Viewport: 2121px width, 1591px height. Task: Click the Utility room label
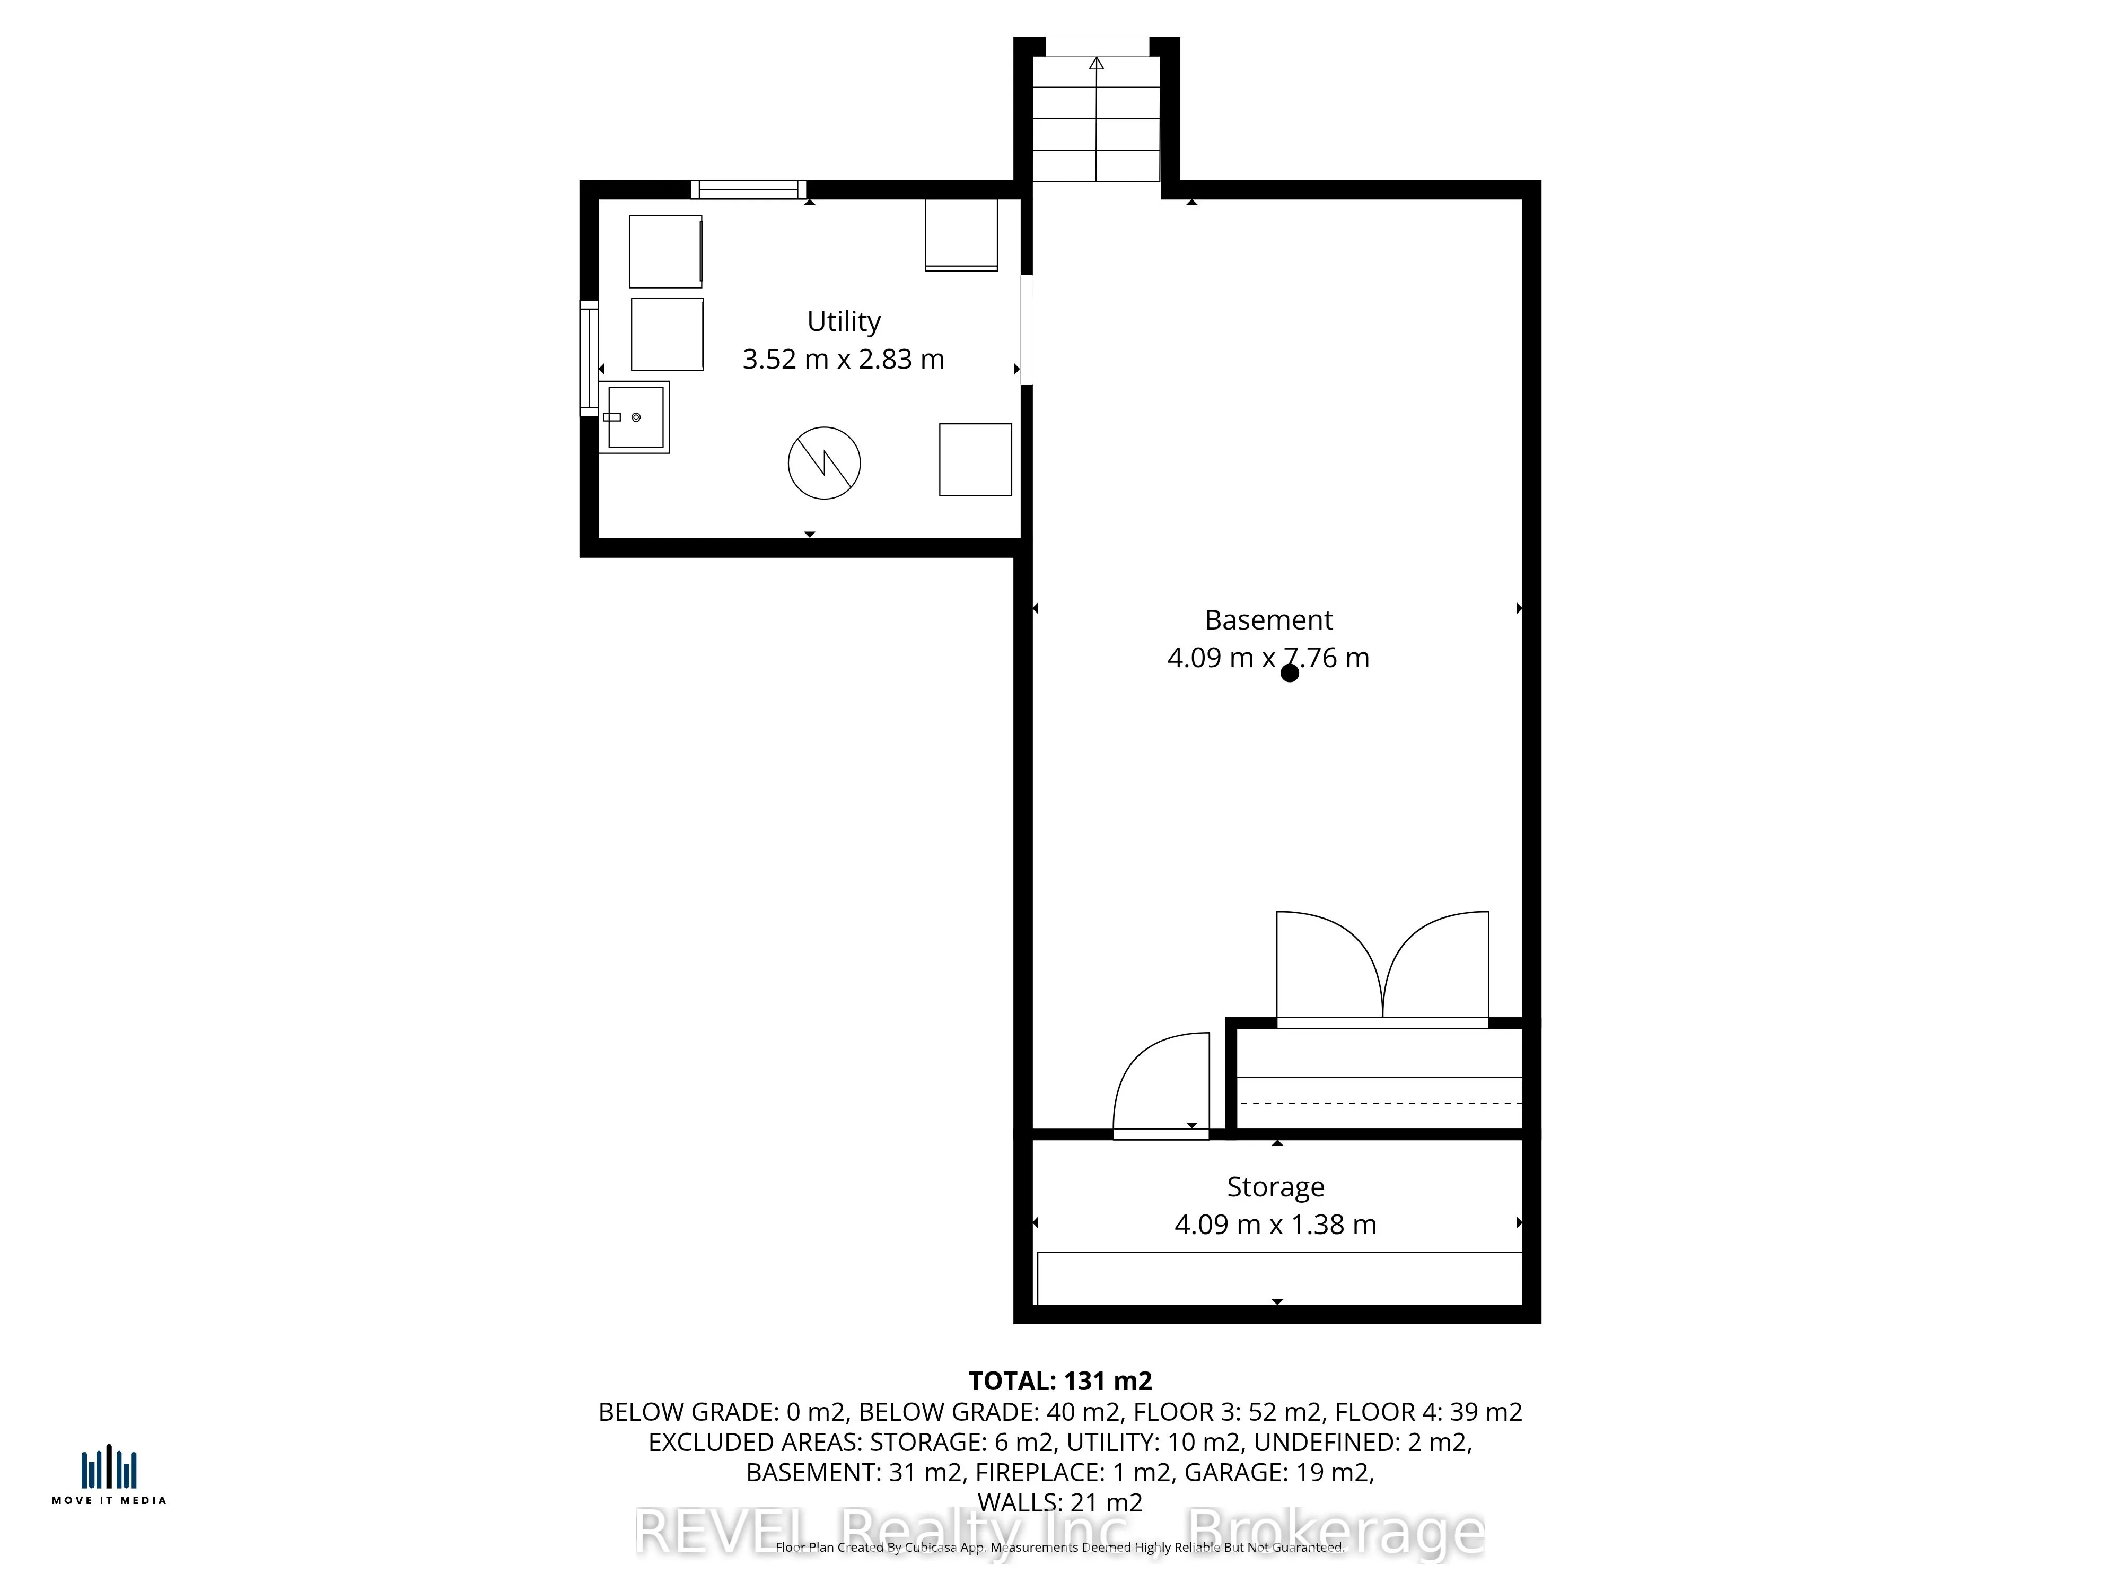click(x=843, y=321)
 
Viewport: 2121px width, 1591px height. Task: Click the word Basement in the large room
click(x=1268, y=620)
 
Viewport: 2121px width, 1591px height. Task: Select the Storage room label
click(x=1275, y=1187)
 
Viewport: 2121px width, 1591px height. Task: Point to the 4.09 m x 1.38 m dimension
click(x=1275, y=1225)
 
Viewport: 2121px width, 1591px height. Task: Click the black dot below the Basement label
click(x=1290, y=673)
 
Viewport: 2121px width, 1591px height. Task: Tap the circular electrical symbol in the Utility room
click(x=823, y=463)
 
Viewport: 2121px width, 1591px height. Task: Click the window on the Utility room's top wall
click(x=748, y=190)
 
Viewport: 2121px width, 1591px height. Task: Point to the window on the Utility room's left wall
click(x=589, y=358)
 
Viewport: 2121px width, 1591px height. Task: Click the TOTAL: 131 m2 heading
click(x=1059, y=1381)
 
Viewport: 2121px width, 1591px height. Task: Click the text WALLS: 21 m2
click(x=1059, y=1502)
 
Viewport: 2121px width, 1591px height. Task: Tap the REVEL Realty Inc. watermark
click(x=1059, y=1533)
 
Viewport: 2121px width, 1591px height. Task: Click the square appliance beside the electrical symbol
click(x=975, y=459)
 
